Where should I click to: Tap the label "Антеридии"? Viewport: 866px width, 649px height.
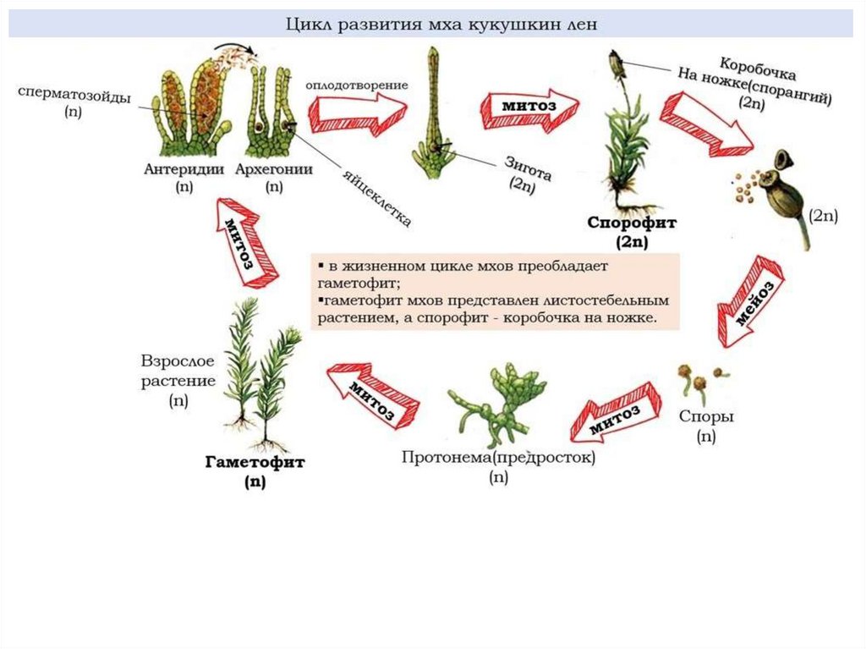pyautogui.click(x=184, y=169)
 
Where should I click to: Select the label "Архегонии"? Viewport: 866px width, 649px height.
pyautogui.click(x=273, y=169)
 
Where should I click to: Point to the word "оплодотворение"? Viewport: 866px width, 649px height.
pyautogui.click(x=357, y=85)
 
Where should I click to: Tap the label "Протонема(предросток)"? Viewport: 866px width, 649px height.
pyautogui.click(x=499, y=458)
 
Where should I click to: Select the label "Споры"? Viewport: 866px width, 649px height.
pyautogui.click(x=706, y=416)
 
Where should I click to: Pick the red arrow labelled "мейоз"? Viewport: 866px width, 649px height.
pyautogui.click(x=749, y=302)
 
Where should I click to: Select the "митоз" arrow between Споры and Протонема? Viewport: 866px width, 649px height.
pyautogui.click(x=613, y=414)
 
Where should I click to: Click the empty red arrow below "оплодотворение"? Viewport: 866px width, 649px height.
pyautogui.click(x=356, y=112)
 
